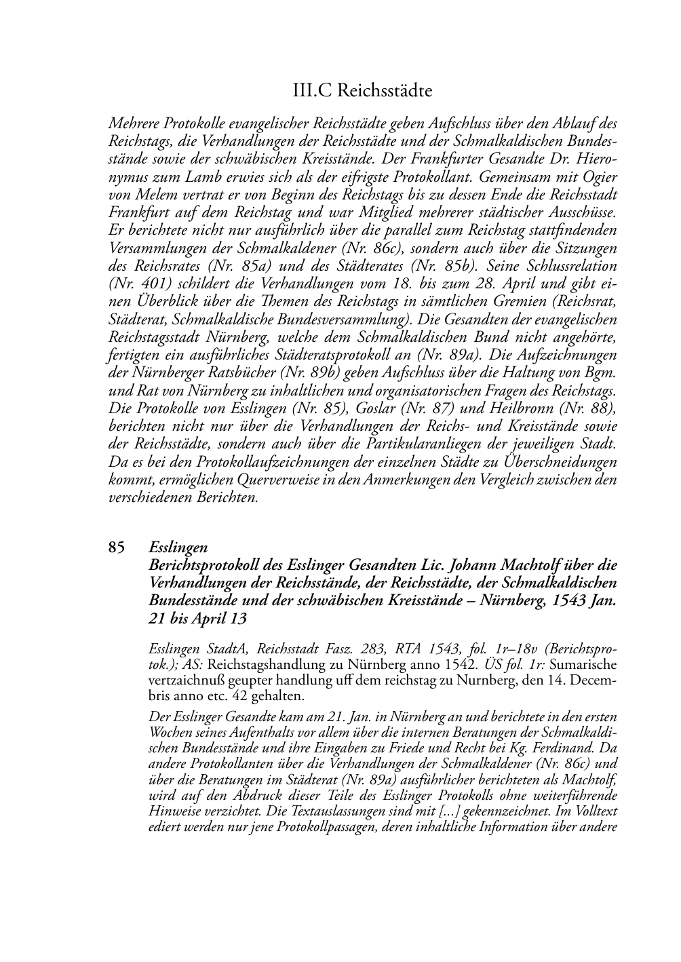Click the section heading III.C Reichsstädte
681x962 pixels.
coord(363,90)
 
